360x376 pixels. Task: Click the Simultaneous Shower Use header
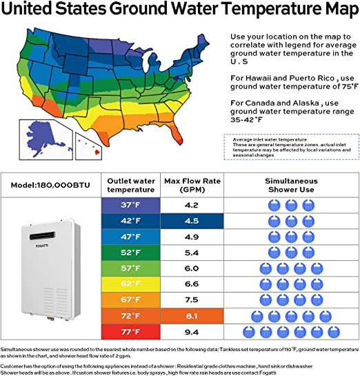coord(290,185)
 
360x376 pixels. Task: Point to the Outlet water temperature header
coord(129,185)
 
